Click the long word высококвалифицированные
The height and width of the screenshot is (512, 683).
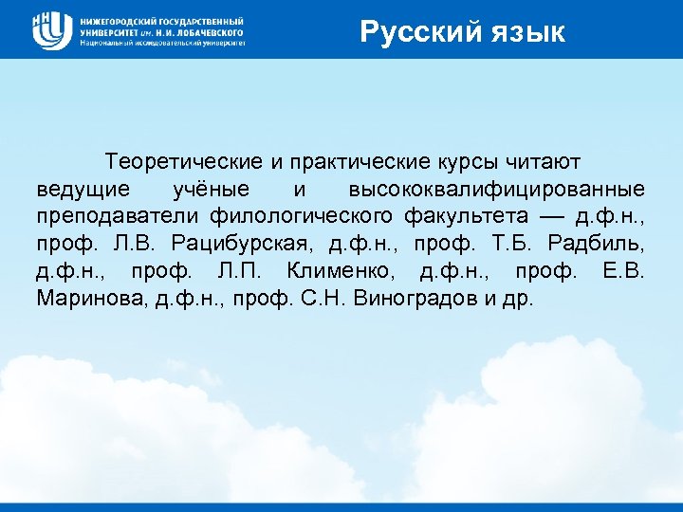(497, 188)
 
